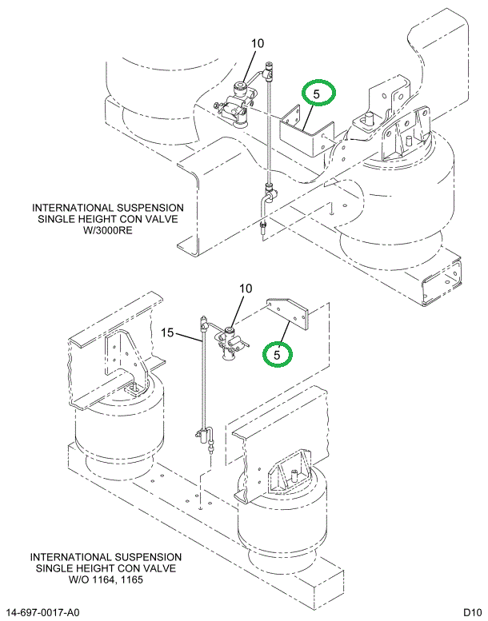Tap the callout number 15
coord(167,332)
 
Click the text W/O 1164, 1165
coord(106,579)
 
